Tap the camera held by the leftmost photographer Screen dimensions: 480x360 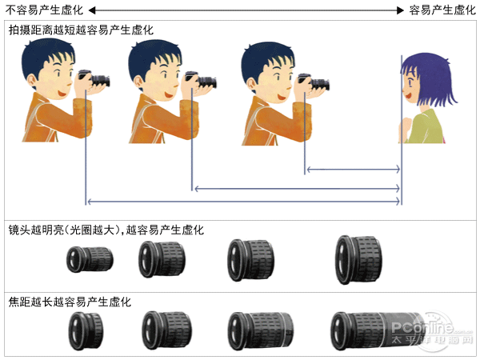[94, 78]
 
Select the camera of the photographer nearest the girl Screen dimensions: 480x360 [314, 82]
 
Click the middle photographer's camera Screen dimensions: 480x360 [201, 79]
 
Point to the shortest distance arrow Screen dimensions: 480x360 [354, 169]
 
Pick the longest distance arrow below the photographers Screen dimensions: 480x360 [243, 202]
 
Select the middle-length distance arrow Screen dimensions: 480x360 [297, 189]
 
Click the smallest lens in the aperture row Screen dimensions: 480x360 [90, 259]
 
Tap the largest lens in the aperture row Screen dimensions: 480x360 [358, 259]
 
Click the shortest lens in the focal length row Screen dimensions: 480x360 [86, 330]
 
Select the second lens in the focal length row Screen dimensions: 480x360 [167, 330]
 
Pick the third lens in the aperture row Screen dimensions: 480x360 [250, 260]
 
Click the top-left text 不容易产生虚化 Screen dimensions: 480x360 [44, 10]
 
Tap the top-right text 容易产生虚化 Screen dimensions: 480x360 [442, 10]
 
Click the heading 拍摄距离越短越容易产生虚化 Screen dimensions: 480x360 [81, 30]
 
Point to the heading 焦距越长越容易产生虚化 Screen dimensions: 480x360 [70, 302]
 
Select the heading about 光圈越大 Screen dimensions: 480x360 [106, 230]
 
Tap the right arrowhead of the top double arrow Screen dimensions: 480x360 [401, 10]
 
